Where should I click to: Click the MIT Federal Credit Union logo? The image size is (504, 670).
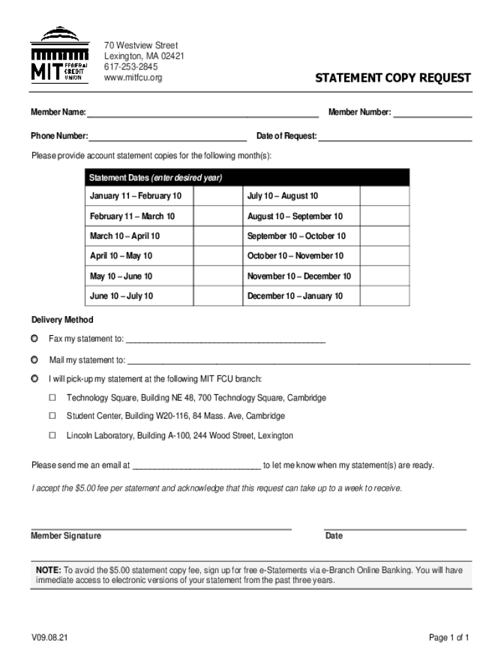pyautogui.click(x=60, y=55)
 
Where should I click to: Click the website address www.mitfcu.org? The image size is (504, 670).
pyautogui.click(x=133, y=78)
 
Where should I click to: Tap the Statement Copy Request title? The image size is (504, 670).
pyautogui.click(x=393, y=78)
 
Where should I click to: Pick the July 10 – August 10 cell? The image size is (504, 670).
pyautogui.click(x=282, y=196)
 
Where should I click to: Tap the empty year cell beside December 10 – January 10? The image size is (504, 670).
pyautogui.click(x=385, y=296)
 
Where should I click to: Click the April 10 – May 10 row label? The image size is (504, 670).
pyautogui.click(x=121, y=256)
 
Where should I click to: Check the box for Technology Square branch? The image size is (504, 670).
pyautogui.click(x=53, y=398)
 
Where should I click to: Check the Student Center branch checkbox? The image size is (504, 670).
pyautogui.click(x=53, y=416)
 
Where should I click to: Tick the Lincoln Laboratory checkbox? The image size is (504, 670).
pyautogui.click(x=53, y=435)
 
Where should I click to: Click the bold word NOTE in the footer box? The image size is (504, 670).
pyautogui.click(x=48, y=570)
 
